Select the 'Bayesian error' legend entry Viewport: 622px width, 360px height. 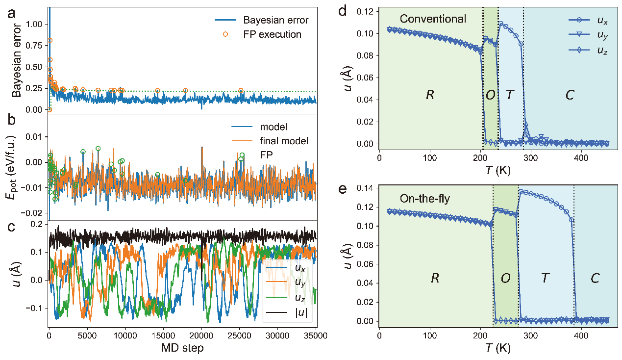click(x=275, y=21)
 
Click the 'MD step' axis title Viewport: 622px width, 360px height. click(x=182, y=348)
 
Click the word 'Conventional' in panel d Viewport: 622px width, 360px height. click(x=433, y=19)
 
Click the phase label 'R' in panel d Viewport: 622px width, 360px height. click(x=430, y=95)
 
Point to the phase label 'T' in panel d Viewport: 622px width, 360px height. click(x=510, y=95)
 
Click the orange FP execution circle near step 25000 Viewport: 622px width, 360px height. click(x=241, y=91)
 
